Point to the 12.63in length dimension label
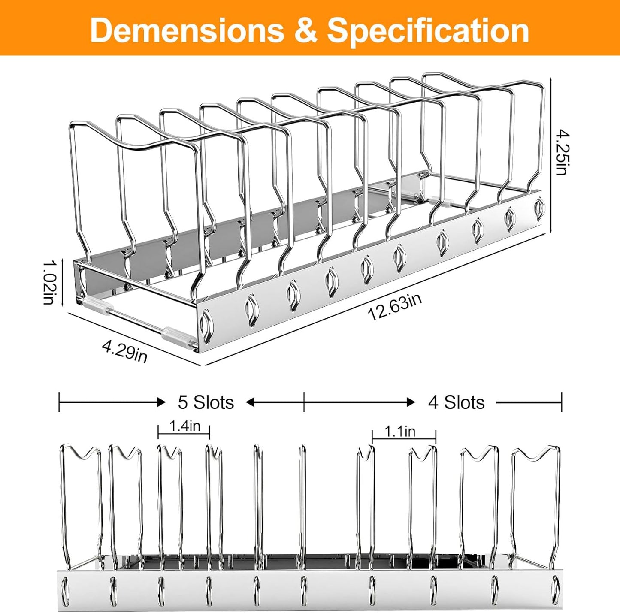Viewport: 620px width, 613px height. pos(395,307)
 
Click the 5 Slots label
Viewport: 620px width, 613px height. pos(206,402)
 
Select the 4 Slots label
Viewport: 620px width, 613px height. pos(456,402)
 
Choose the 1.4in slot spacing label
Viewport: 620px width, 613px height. pos(184,426)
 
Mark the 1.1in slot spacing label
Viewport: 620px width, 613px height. pos(400,432)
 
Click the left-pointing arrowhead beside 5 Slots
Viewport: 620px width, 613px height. pos(251,402)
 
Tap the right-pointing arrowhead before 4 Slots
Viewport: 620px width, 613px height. pos(410,402)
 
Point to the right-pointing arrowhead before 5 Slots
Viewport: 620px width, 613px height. pos(161,402)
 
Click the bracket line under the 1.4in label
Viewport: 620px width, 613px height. pos(184,434)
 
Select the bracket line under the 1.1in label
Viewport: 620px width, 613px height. pos(404,439)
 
